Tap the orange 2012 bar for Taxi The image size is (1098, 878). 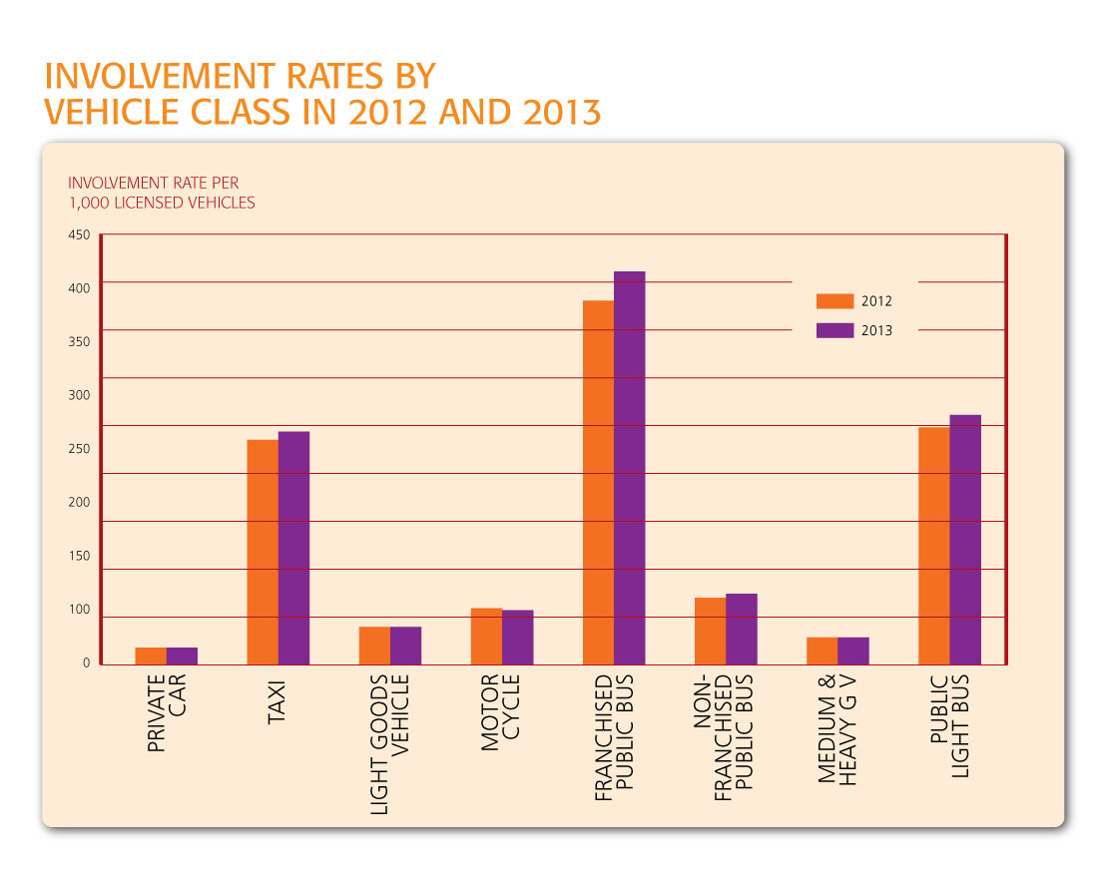coord(263,552)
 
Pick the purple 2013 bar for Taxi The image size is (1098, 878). coord(293,548)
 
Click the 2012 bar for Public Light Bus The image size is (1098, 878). coord(933,546)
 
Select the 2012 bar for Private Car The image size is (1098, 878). coord(151,656)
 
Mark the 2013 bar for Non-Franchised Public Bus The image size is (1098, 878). coord(742,629)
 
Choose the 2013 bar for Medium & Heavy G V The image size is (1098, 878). coord(853,651)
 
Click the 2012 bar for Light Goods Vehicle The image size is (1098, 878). coord(374,646)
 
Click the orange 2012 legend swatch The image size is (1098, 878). coord(834,301)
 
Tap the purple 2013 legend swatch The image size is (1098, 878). coord(834,331)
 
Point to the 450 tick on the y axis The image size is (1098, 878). coord(80,235)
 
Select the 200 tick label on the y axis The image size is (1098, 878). coord(80,503)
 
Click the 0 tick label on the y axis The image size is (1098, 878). coord(86,663)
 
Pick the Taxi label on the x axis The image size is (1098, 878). coord(277,703)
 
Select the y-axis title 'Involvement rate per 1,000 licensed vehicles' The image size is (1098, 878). coord(161,193)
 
